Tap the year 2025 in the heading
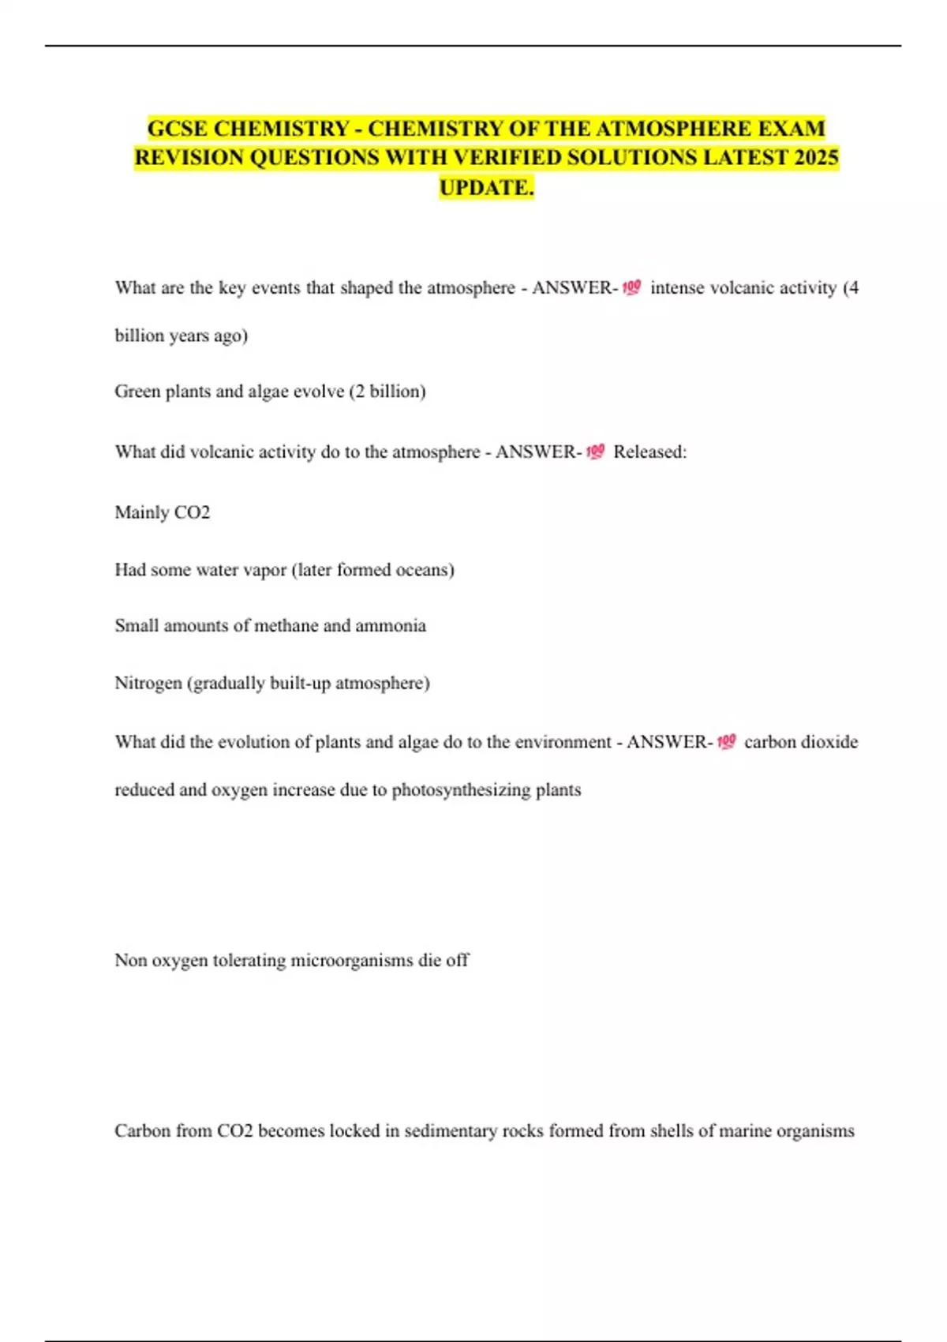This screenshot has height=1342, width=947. [817, 157]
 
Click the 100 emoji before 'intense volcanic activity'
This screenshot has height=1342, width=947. [631, 288]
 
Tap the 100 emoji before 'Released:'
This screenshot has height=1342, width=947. [595, 452]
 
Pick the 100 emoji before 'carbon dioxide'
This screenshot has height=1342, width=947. [726, 742]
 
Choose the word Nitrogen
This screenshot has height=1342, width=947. [148, 683]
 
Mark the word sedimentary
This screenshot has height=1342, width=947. [451, 1131]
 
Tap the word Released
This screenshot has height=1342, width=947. [647, 452]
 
